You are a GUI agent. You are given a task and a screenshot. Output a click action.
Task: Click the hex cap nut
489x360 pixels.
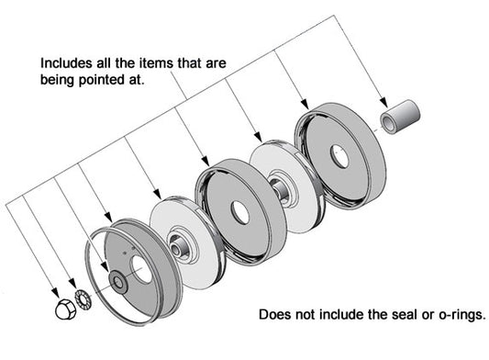(66, 309)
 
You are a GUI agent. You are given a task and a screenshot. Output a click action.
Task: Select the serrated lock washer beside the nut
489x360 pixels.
(83, 300)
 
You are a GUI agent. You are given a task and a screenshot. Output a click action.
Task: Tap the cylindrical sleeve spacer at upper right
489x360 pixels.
(400, 117)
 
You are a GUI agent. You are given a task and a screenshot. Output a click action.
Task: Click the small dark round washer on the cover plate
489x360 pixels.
(117, 282)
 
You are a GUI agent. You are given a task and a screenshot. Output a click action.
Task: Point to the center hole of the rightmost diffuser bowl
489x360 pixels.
(339, 156)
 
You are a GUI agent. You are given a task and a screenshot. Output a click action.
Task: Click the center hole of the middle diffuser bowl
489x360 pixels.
(239, 212)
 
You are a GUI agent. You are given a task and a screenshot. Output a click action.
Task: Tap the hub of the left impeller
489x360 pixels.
(179, 247)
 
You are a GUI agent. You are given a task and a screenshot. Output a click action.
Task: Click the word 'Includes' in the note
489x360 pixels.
(66, 63)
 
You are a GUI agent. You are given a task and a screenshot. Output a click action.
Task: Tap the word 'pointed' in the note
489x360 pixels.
(101, 80)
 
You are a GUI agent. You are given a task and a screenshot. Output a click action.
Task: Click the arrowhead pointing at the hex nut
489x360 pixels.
(55, 293)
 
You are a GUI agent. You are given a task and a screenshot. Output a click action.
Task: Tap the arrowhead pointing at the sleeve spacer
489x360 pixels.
(383, 103)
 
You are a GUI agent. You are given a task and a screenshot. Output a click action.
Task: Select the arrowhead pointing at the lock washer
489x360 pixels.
(72, 283)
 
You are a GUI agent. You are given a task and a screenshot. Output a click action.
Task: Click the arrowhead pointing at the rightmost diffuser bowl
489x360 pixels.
(305, 105)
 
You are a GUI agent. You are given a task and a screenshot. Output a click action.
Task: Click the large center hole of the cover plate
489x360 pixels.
(141, 269)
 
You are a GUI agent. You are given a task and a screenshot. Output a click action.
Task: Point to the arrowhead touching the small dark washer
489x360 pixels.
(105, 266)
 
